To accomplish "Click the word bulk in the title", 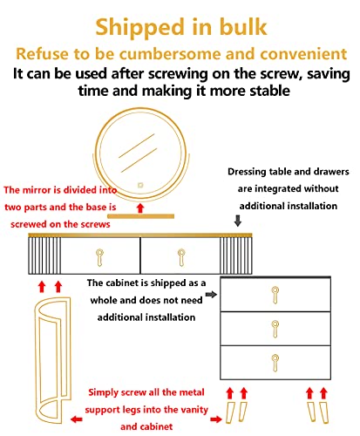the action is pos(243,27).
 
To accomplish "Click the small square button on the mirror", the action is pos(140,185).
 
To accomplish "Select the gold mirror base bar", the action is pos(140,216).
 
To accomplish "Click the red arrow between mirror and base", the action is pos(140,208).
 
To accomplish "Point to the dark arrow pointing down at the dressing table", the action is pos(238,221).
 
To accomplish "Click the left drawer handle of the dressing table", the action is pos(99,257).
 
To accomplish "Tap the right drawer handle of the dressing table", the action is pos(181,257).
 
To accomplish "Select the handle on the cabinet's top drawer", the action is pos(275,295).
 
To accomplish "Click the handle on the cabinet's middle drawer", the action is pos(275,329).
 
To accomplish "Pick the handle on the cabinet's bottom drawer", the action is pos(275,363).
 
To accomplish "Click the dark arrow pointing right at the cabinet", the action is pos(211,295).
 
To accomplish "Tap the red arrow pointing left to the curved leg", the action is pos(77,419).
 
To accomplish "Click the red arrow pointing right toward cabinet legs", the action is pos(216,419).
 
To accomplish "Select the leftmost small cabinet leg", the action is pos(230,412).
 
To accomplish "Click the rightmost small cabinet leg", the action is pos(324,412).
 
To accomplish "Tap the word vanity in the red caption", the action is pos(194,410).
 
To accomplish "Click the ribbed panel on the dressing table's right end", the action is pos(235,255).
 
